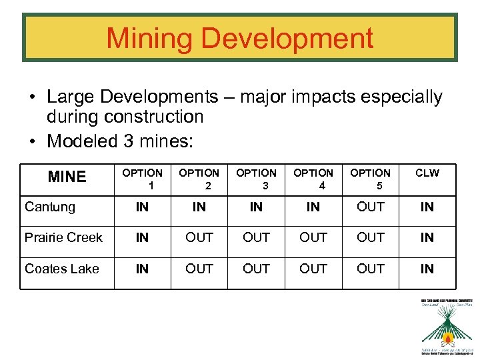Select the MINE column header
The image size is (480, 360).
click(x=67, y=177)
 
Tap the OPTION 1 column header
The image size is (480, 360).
click(x=142, y=179)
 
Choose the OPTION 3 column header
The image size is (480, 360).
click(x=256, y=179)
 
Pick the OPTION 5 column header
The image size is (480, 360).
click(x=371, y=179)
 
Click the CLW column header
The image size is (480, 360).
click(x=427, y=173)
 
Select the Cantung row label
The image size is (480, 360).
click(x=50, y=207)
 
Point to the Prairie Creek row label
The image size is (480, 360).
click(x=63, y=237)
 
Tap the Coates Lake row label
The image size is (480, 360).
click(x=61, y=269)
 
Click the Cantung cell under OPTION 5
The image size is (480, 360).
click(x=371, y=207)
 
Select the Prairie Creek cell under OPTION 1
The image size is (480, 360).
click(x=142, y=237)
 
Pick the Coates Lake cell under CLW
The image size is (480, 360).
click(x=427, y=269)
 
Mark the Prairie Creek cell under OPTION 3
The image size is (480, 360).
click(x=256, y=237)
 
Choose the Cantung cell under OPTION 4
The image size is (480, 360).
click(x=313, y=207)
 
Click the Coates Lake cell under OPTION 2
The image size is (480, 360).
click(x=199, y=269)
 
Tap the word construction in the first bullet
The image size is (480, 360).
click(x=154, y=117)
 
